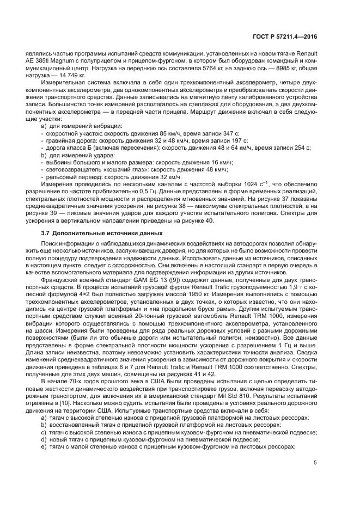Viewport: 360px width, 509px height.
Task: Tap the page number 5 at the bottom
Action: coord(315,463)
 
